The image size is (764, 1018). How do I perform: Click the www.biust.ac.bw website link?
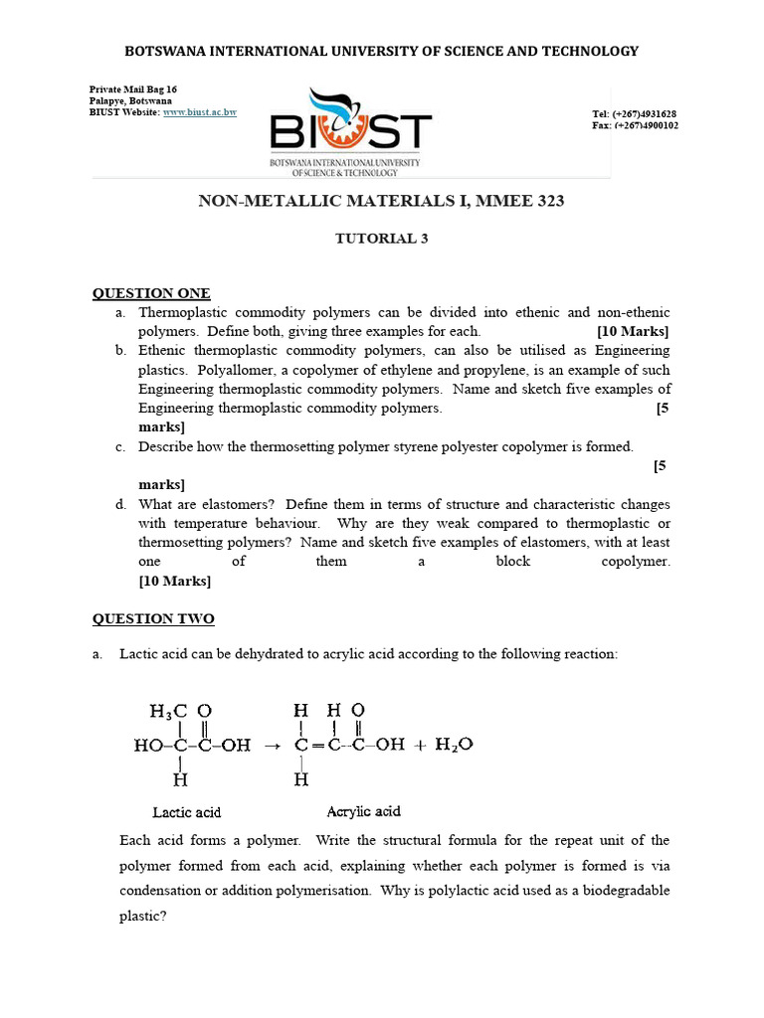coord(200,113)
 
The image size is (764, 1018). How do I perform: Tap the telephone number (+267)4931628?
coord(645,114)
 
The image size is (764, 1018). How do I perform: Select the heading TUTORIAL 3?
coord(381,238)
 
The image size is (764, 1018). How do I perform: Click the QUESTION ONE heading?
coord(151,293)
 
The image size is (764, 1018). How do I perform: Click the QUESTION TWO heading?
coord(153,619)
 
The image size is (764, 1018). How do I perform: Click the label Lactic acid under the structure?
coord(187,812)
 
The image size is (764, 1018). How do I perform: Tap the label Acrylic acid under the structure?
coord(363,811)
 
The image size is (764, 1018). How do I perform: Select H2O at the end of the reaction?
coord(453,744)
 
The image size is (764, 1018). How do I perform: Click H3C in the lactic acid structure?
coord(168,711)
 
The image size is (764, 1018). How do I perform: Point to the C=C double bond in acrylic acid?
coord(315,745)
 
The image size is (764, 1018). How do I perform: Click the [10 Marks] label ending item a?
coord(633,332)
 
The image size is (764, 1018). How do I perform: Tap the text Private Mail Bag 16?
coord(133,89)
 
